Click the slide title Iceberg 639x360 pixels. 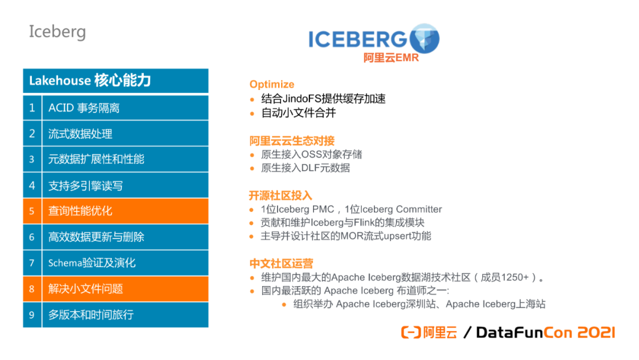point(57,32)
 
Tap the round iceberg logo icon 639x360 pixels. point(424,38)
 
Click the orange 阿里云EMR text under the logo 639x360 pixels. point(391,58)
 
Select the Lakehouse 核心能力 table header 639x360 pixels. point(116,81)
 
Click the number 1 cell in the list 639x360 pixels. point(32,108)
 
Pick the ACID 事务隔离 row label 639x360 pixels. point(84,108)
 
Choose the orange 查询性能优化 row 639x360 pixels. point(116,211)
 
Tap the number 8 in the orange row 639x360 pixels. point(32,289)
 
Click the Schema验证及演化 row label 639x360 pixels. point(92,263)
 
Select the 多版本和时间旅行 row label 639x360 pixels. point(91,315)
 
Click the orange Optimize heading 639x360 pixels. point(272,85)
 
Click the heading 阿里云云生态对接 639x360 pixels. point(292,141)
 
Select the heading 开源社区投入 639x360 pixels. point(280,196)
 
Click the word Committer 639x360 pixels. point(418,209)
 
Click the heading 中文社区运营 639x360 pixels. point(281,263)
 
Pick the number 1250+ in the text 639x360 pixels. point(515,277)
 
